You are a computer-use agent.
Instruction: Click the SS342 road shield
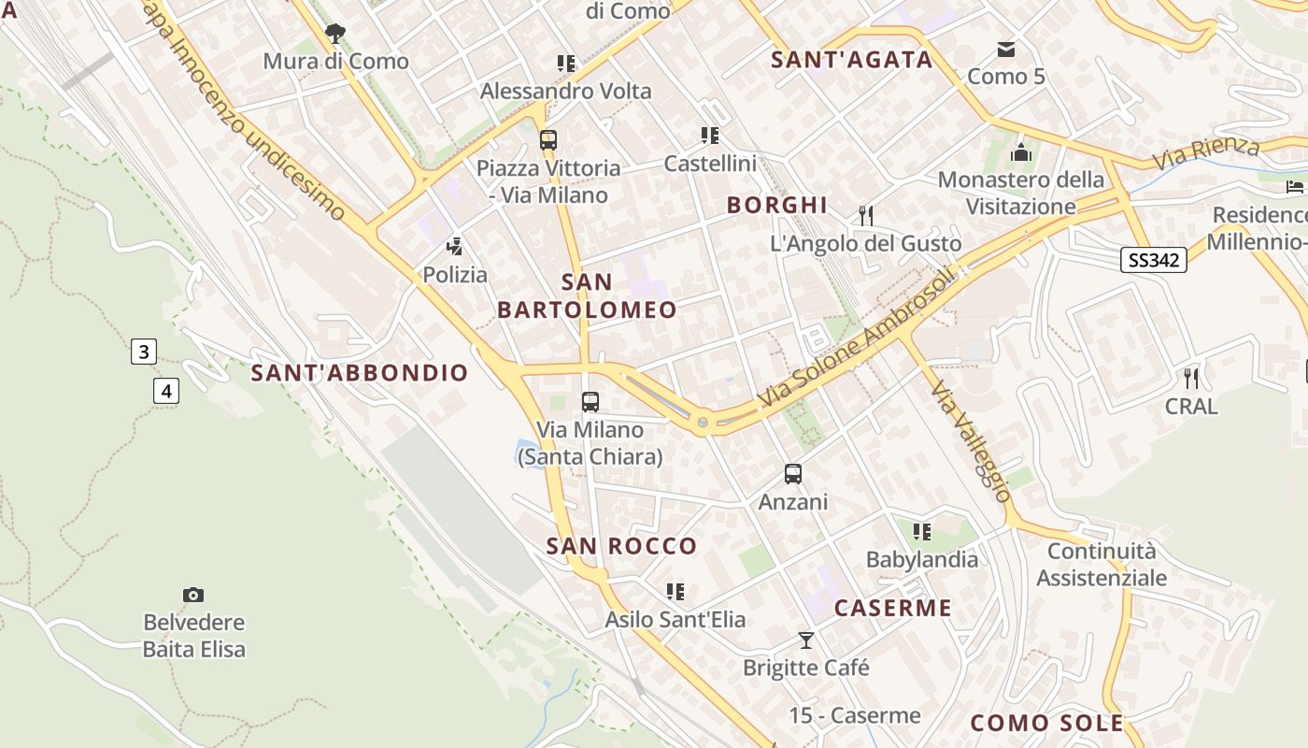[1153, 260]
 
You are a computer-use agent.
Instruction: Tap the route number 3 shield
[143, 352]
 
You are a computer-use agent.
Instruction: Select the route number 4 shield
[166, 390]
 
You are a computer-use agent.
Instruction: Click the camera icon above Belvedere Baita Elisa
[193, 595]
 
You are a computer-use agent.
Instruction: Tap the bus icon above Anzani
[793, 474]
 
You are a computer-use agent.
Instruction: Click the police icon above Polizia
[455, 247]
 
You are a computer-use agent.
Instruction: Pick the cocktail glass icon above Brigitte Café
[806, 640]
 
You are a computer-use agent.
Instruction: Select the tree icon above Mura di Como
[335, 34]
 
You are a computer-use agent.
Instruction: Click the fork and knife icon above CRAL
[1190, 379]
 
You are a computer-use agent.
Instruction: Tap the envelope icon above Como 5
[1006, 49]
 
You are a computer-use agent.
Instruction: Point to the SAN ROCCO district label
[621, 546]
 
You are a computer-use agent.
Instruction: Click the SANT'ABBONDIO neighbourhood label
[360, 373]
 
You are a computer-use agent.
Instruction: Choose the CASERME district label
[893, 608]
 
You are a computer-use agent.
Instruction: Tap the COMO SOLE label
[1046, 723]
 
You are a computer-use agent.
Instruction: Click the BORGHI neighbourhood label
[777, 205]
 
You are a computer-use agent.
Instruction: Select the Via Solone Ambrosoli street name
[857, 340]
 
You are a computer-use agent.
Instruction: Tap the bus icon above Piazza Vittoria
[548, 140]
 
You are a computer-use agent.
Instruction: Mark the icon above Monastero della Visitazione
[1021, 151]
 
